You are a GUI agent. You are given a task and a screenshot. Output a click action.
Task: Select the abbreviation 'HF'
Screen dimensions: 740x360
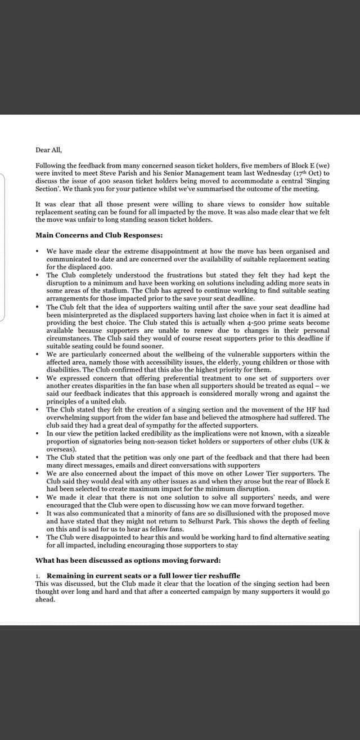322,409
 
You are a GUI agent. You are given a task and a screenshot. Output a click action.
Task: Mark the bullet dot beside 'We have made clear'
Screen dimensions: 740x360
37,251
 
